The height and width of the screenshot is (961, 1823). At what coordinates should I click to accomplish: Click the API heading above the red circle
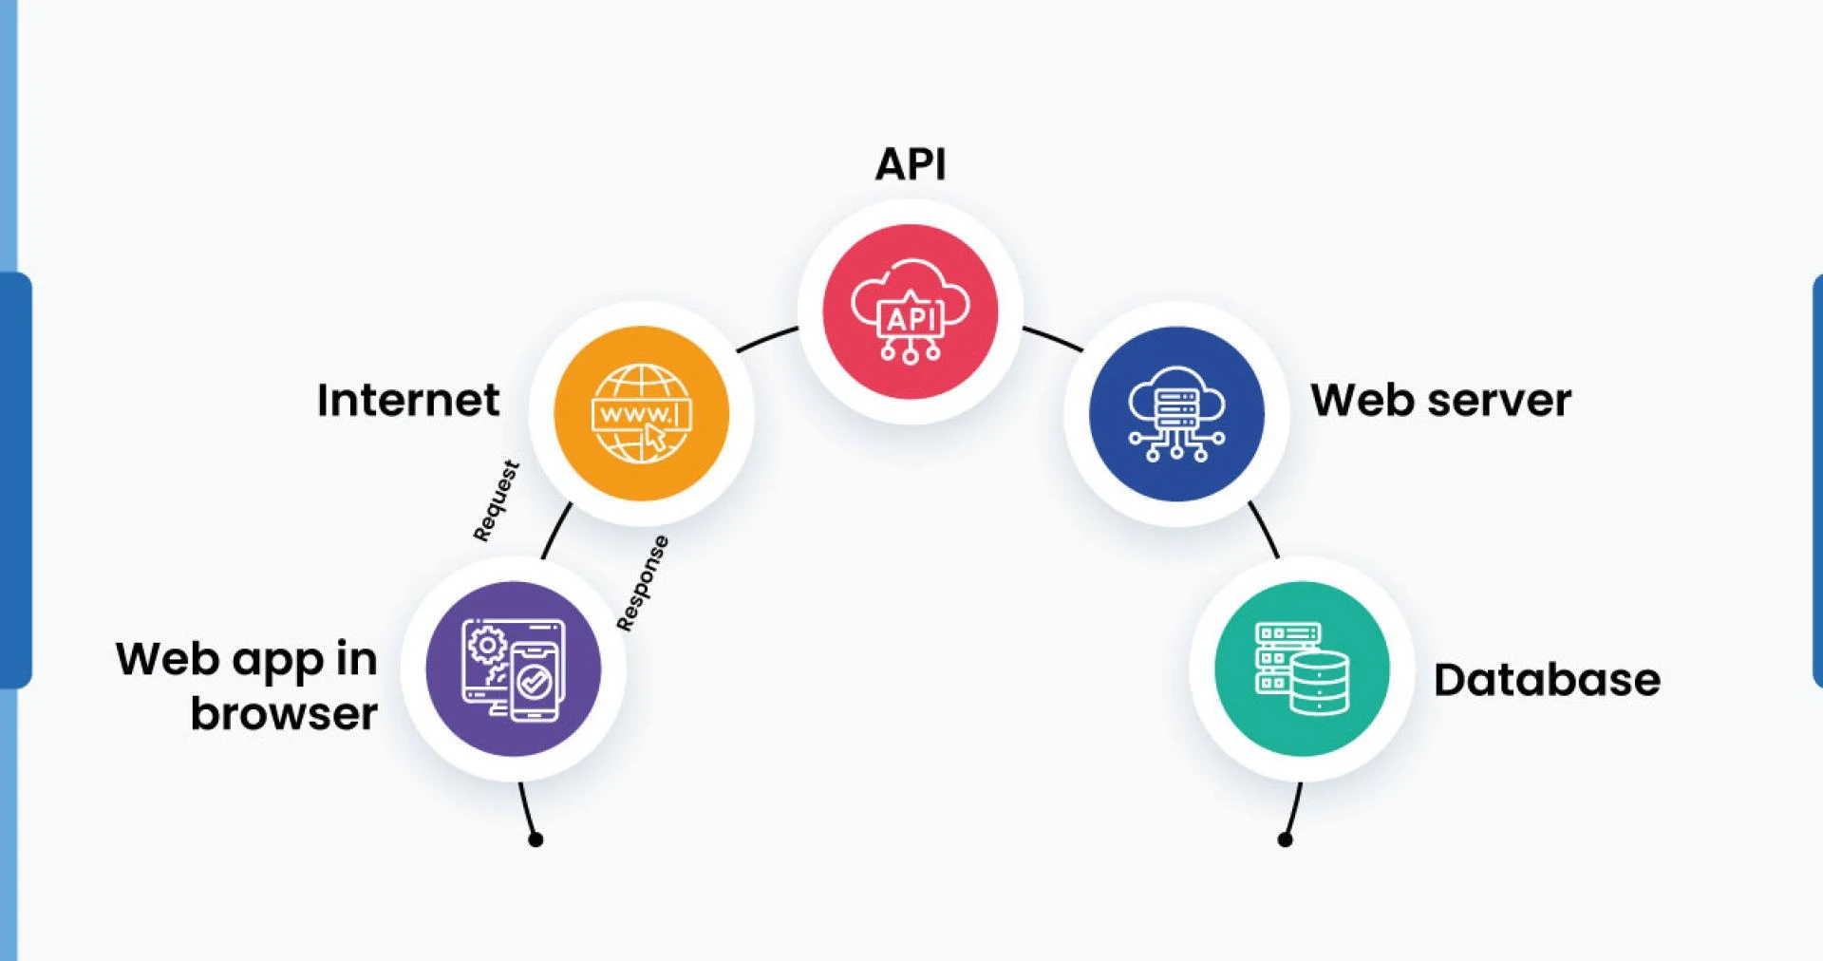pyautogui.click(x=910, y=164)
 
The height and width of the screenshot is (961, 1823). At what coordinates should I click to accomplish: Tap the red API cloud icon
pyautogui.click(x=910, y=311)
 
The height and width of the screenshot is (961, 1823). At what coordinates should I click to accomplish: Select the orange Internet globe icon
pyautogui.click(x=641, y=413)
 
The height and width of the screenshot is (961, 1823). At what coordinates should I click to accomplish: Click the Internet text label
pyautogui.click(x=407, y=400)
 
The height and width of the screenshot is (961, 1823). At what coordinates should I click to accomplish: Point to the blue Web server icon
pyautogui.click(x=1176, y=413)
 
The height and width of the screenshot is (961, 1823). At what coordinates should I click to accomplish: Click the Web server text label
pyautogui.click(x=1440, y=400)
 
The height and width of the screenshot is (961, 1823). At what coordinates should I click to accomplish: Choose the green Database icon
pyautogui.click(x=1302, y=669)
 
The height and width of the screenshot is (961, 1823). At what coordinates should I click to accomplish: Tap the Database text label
pyautogui.click(x=1547, y=680)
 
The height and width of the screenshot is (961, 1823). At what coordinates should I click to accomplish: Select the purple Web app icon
pyautogui.click(x=513, y=669)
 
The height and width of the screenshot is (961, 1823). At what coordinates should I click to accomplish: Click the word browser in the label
pyautogui.click(x=284, y=713)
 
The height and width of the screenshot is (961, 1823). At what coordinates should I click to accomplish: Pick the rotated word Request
pyautogui.click(x=496, y=501)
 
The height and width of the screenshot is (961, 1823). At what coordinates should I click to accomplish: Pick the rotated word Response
pyautogui.click(x=643, y=583)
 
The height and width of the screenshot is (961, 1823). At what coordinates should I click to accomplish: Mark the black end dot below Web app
pyautogui.click(x=536, y=839)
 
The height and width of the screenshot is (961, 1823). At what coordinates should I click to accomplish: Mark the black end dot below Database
pyautogui.click(x=1285, y=839)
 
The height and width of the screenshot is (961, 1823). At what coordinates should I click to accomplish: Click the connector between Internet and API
pyautogui.click(x=767, y=338)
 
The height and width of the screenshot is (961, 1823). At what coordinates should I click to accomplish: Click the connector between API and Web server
pyautogui.click(x=1052, y=338)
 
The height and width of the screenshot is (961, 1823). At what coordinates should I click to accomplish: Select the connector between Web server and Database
pyautogui.click(x=1265, y=530)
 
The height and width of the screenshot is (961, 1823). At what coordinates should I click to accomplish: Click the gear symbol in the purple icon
pyautogui.click(x=487, y=645)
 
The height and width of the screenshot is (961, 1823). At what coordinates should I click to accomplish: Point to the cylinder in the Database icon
pyautogui.click(x=1319, y=682)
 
